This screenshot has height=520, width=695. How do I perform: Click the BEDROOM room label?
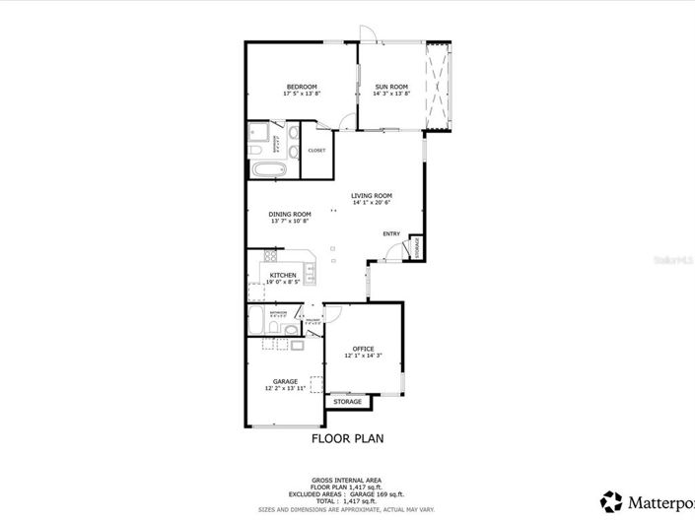click(x=301, y=87)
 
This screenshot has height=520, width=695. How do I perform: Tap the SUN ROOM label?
click(x=390, y=87)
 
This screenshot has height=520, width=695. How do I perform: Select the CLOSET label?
click(x=316, y=151)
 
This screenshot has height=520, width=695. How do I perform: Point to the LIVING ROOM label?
click(x=372, y=195)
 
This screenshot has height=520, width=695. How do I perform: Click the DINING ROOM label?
click(x=290, y=214)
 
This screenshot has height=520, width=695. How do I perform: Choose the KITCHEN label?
click(x=283, y=276)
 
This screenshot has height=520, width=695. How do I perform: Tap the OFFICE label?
click(x=363, y=348)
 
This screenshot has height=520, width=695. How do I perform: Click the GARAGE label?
click(x=285, y=381)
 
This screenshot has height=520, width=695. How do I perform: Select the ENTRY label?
click(x=391, y=233)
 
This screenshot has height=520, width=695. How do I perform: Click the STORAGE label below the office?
click(x=346, y=402)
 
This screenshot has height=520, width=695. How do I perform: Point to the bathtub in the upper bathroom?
click(x=266, y=169)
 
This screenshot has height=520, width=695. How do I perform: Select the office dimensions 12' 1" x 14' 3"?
click(x=363, y=356)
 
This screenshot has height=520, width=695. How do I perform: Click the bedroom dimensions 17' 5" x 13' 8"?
click(x=301, y=94)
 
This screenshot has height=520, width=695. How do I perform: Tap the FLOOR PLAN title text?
click(x=347, y=438)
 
